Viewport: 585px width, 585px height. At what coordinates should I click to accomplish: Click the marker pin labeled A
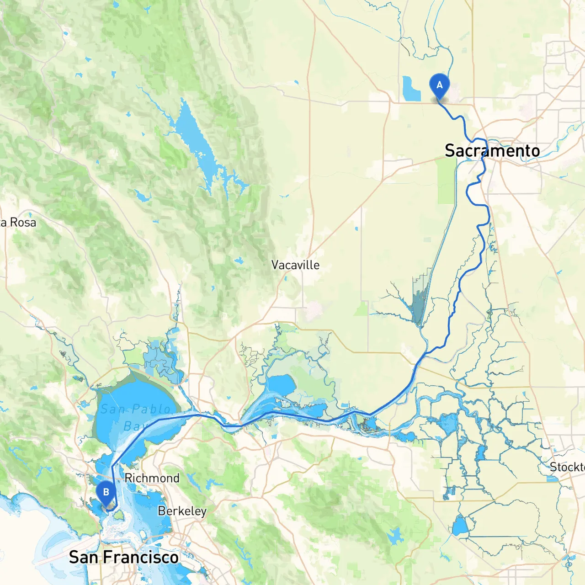(440, 86)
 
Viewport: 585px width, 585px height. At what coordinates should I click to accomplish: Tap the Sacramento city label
(492, 151)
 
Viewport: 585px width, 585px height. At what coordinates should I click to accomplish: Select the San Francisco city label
(123, 557)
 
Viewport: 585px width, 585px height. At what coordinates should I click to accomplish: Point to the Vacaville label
(295, 265)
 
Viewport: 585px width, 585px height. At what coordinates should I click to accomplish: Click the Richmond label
(152, 478)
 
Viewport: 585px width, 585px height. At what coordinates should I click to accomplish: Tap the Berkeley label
(182, 511)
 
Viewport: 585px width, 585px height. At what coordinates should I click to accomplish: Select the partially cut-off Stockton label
(567, 467)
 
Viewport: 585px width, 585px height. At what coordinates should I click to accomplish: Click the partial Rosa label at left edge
(18, 223)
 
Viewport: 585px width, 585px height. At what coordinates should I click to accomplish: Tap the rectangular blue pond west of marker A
(411, 89)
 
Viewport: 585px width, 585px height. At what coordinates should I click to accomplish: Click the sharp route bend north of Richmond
(112, 467)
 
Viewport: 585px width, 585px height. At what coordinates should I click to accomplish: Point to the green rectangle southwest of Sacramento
(447, 181)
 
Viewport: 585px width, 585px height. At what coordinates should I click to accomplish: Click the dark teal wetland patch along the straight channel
(420, 297)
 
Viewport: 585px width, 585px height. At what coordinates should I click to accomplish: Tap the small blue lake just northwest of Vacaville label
(239, 261)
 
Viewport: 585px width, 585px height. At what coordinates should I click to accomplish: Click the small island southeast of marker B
(120, 516)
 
